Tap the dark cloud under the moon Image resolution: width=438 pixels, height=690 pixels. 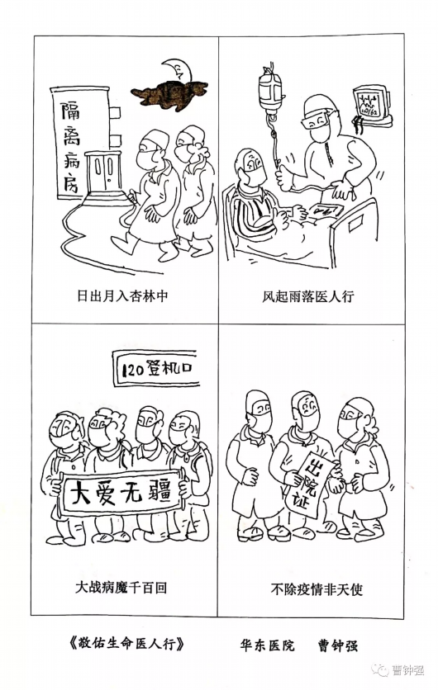[169, 94]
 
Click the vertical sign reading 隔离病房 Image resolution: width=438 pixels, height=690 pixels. [71, 144]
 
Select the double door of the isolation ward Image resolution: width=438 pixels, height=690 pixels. [104, 172]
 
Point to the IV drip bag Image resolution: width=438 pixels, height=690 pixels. [269, 91]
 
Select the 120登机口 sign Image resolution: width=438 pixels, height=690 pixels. [155, 369]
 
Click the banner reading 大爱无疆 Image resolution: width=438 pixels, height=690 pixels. [121, 492]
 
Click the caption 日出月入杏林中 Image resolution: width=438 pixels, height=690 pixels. [122, 295]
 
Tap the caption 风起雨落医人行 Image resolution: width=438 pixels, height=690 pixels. [307, 296]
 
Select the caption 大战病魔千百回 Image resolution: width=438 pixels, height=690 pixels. [121, 587]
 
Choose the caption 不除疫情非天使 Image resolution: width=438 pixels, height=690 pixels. [317, 588]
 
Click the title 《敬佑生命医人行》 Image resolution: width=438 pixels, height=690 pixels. [126, 644]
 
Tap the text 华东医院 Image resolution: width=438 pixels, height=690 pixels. [267, 645]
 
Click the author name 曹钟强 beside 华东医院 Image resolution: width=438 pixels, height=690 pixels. [337, 645]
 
